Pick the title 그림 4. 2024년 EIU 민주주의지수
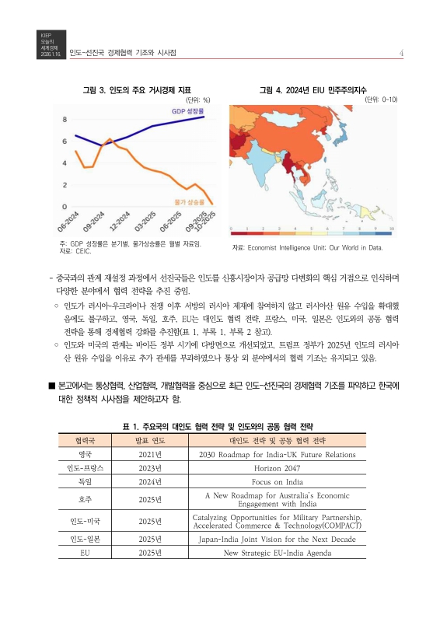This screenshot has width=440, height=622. (x=313, y=90)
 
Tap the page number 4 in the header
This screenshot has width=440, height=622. (x=400, y=52)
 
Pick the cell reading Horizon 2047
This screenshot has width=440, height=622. (x=278, y=468)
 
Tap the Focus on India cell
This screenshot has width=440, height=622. (x=278, y=482)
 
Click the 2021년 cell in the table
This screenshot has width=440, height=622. (x=149, y=455)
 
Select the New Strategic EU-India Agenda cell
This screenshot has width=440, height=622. (x=278, y=553)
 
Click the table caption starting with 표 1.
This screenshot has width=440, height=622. (x=219, y=427)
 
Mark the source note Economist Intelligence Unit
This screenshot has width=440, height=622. (x=308, y=247)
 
